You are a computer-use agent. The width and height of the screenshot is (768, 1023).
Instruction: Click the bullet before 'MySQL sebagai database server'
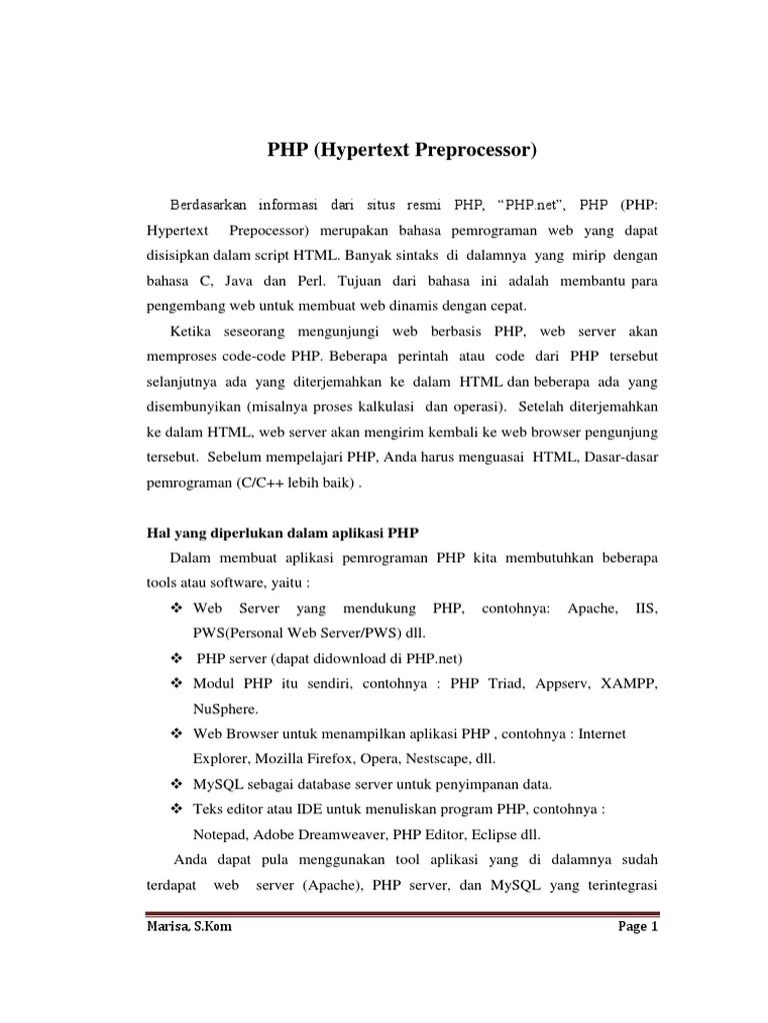(177, 782)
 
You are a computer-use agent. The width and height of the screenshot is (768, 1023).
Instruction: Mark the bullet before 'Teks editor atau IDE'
(177, 807)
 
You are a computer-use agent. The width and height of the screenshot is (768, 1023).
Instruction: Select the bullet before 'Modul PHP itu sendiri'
(177, 683)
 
